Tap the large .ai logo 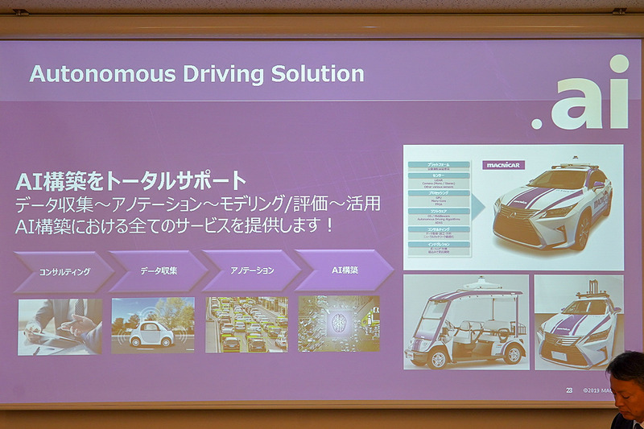click(x=580, y=95)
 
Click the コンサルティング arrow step click(x=64, y=271)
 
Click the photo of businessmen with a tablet click(x=60, y=326)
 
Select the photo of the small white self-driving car click(x=153, y=326)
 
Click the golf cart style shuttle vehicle click(x=466, y=323)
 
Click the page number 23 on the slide click(x=569, y=390)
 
